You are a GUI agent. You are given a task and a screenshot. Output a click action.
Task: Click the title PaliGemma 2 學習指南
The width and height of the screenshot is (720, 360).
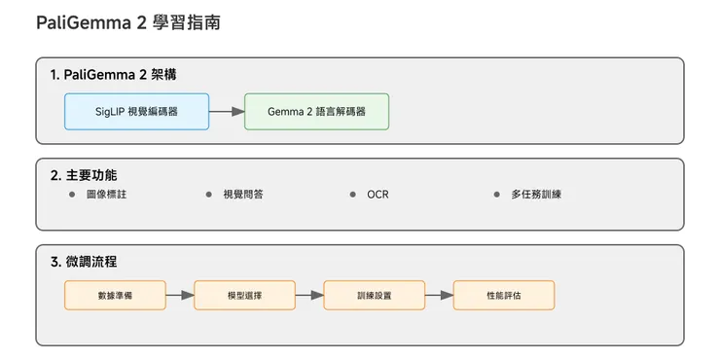coord(127,22)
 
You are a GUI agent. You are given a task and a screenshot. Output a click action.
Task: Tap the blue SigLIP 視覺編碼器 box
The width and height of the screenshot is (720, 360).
coord(135,112)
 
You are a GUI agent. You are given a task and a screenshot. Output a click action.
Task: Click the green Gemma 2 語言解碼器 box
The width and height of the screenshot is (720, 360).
coord(316,112)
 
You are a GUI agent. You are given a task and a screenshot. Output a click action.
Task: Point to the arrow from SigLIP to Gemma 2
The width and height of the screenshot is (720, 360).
coord(225,112)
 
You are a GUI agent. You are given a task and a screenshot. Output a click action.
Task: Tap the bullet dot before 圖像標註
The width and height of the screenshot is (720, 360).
coord(72,195)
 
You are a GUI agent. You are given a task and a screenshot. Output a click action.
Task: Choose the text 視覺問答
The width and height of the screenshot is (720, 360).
coord(242,195)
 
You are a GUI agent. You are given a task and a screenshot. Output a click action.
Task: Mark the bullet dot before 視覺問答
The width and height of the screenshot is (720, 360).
coord(208,195)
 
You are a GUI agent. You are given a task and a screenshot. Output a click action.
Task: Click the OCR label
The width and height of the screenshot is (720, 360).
coord(378,195)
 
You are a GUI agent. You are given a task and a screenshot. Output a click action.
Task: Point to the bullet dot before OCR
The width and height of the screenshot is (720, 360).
coord(353,195)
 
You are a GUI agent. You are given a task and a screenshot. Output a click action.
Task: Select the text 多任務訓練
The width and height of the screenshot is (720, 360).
coord(535,195)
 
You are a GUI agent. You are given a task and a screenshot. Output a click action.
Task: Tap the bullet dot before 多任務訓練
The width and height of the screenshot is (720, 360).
coord(497,195)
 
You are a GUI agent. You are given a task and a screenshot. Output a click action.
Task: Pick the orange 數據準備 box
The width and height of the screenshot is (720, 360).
coord(115,295)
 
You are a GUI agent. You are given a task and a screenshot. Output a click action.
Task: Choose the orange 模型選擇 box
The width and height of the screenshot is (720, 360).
coord(244,295)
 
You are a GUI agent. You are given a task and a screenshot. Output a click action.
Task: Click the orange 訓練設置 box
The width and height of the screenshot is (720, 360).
coord(374,295)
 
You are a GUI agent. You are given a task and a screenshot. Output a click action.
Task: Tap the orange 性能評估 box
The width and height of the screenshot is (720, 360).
coord(503,295)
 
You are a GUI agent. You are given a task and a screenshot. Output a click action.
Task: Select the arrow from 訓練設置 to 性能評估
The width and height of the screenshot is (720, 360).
coord(439,295)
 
